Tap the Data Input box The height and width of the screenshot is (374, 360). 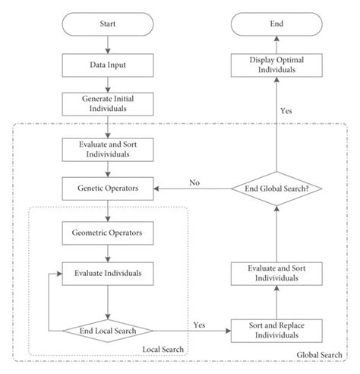pos(107,65)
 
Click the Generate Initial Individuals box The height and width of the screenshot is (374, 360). pos(107,104)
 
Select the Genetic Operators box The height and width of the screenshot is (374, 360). pos(107,187)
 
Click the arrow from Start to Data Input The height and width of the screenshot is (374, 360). pos(107,46)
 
